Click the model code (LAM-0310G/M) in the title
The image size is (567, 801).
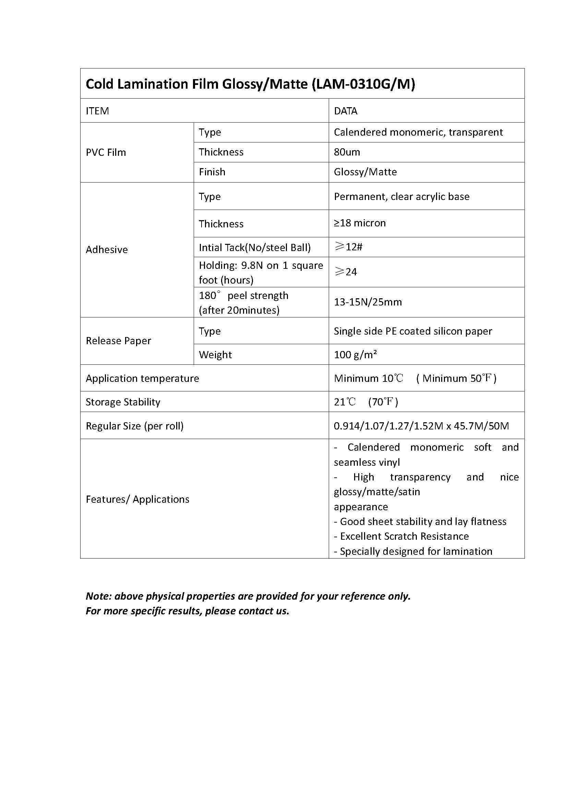(x=363, y=84)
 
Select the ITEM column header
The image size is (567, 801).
(x=97, y=111)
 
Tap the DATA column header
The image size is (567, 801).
(x=345, y=111)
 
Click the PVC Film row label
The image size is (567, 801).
(x=106, y=152)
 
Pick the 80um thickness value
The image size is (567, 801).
(x=347, y=152)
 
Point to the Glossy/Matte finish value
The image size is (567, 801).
(x=365, y=172)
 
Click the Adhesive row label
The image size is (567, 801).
(x=107, y=250)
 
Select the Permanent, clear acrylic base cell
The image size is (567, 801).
(x=401, y=197)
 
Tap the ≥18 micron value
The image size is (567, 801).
(x=360, y=223)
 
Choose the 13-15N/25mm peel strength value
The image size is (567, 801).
(x=367, y=302)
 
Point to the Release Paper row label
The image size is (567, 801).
(x=118, y=341)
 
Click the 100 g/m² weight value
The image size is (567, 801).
(x=355, y=355)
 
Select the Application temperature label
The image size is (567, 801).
(x=143, y=378)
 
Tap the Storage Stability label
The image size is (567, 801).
(x=123, y=402)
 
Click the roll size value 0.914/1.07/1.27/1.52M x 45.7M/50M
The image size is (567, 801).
(x=421, y=426)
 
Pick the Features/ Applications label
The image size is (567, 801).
(x=137, y=499)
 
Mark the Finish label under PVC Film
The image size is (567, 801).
(x=212, y=172)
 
